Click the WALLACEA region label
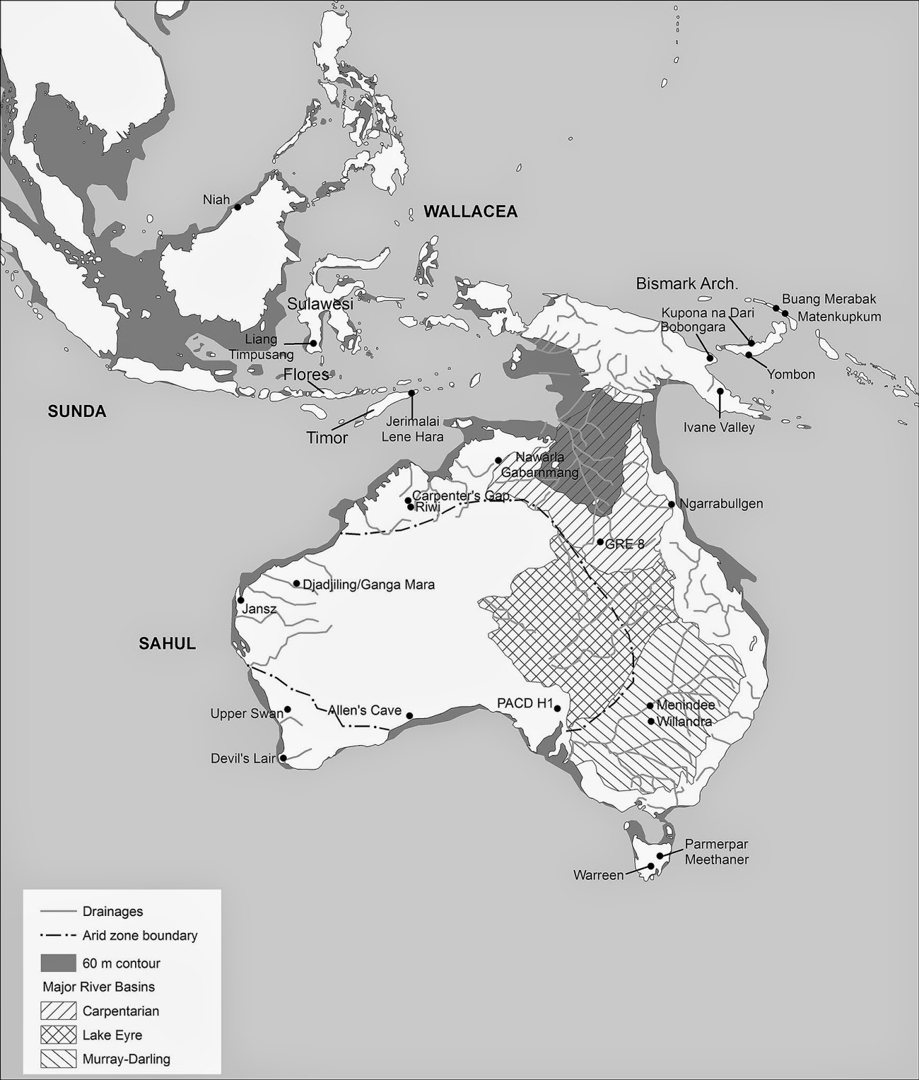point(470,212)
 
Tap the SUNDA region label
point(77,412)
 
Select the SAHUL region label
point(167,644)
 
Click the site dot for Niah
point(238,207)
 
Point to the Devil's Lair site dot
point(284,759)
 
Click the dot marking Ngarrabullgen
point(672,504)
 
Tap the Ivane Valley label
point(719,427)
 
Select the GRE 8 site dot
point(600,542)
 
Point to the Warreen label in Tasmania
point(598,875)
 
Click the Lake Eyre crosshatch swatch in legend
point(58,1035)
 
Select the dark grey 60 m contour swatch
point(58,963)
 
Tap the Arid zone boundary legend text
point(140,936)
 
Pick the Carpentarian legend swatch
point(58,1011)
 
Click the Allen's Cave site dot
point(409,716)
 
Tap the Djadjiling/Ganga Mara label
point(369,585)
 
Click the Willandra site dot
point(651,721)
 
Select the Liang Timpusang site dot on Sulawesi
point(314,343)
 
